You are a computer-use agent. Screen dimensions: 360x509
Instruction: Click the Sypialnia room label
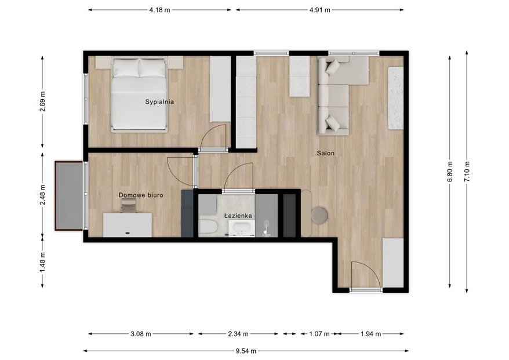click(x=159, y=101)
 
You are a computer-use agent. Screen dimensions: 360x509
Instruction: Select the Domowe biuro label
click(x=141, y=195)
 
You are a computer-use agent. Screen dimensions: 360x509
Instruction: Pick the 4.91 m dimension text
click(x=319, y=10)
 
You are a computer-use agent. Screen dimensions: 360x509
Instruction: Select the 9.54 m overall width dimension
click(x=246, y=350)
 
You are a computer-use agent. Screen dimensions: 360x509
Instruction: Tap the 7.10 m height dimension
click(x=467, y=172)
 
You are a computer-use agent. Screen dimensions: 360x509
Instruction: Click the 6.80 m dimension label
click(x=449, y=172)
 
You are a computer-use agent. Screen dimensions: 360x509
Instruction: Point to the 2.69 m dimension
click(x=42, y=101)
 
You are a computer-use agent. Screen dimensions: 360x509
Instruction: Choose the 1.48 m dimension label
click(x=42, y=261)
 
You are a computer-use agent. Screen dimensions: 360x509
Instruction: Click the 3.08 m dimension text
click(x=141, y=333)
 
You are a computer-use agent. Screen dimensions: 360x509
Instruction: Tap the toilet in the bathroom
click(x=207, y=227)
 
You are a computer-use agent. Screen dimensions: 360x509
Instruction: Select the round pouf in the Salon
click(x=319, y=215)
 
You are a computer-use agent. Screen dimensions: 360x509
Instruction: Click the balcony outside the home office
click(x=69, y=195)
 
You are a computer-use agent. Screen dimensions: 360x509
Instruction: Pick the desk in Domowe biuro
click(x=128, y=225)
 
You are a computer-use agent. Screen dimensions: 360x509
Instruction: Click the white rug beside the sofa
click(x=396, y=98)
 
